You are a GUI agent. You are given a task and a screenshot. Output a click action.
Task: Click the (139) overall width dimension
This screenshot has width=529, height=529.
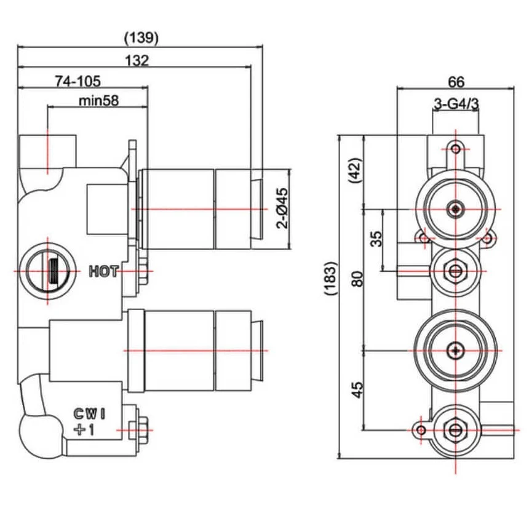pos(141,38)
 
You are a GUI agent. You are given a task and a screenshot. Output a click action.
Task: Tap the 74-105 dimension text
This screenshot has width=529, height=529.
pos(78,81)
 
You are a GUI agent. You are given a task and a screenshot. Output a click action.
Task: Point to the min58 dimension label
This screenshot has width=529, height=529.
pos(98,100)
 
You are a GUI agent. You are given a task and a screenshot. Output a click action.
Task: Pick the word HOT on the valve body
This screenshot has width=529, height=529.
pos(103,271)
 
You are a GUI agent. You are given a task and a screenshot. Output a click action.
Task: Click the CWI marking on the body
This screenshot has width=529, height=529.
pos(89,414)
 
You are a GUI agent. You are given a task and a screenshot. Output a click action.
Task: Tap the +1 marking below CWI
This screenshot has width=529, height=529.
pos(84,430)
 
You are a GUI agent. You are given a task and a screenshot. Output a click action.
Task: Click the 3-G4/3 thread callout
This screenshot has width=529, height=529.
pos(456,105)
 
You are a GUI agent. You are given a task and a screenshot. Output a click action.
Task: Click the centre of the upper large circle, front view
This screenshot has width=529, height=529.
pos(455,209)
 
